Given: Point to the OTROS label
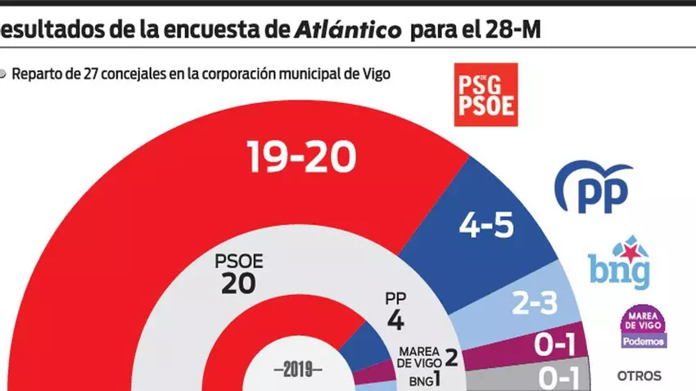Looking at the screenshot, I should (639, 377).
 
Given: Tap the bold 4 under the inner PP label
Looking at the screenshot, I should (395, 320).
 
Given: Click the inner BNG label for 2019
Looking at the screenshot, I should (419, 380).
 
